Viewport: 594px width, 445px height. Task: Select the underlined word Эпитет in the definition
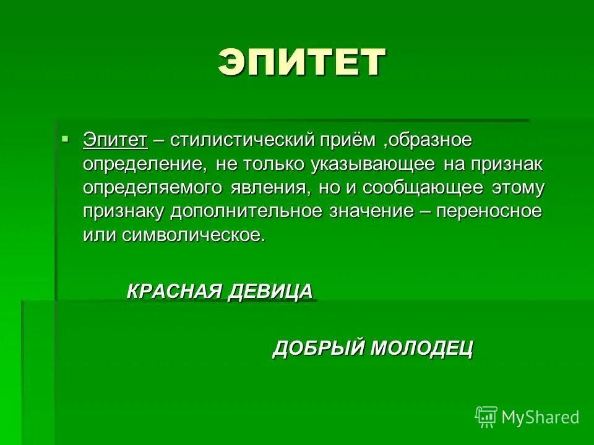(116, 140)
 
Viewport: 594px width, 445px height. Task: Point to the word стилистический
(243, 140)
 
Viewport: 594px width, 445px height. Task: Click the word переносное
(489, 211)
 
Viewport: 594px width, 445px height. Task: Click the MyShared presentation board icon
(486, 417)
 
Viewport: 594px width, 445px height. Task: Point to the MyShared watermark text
(540, 417)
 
